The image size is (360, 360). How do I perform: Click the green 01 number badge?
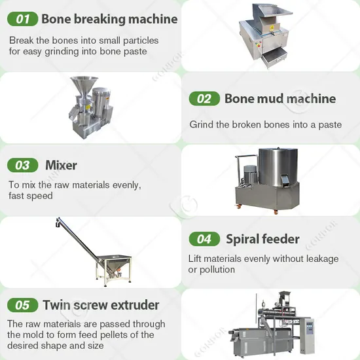coord(23,19)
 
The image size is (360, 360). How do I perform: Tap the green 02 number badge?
coord(204,99)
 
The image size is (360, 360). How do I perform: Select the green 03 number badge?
coord(23,165)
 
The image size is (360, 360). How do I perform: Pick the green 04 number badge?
coord(204,239)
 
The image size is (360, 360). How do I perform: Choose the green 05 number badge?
coord(23,305)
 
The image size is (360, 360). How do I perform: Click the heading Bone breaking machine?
coord(109,19)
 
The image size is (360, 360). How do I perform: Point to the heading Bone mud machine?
coord(280,99)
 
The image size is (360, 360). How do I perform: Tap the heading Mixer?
coord(61,165)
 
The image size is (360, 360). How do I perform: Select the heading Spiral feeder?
coord(262,239)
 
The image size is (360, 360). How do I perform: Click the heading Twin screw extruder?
coord(101,305)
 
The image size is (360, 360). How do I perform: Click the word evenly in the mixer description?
coord(122,185)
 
